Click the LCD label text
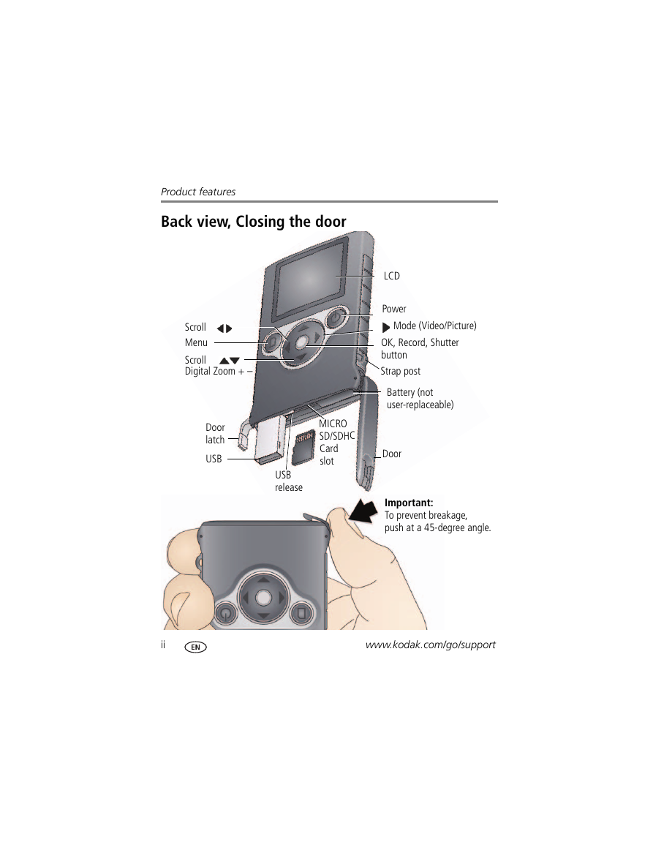click(392, 276)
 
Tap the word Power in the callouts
click(394, 309)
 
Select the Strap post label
click(400, 371)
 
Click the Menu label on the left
click(196, 342)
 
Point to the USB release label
click(289, 481)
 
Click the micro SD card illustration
click(303, 447)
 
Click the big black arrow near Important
click(363, 511)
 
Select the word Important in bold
click(408, 503)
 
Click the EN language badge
click(195, 647)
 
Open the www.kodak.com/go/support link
click(431, 645)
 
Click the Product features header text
click(198, 191)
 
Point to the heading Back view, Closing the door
click(254, 222)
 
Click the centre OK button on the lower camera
click(263, 597)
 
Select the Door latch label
click(215, 433)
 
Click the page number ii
click(163, 645)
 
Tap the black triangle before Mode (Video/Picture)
click(386, 327)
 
